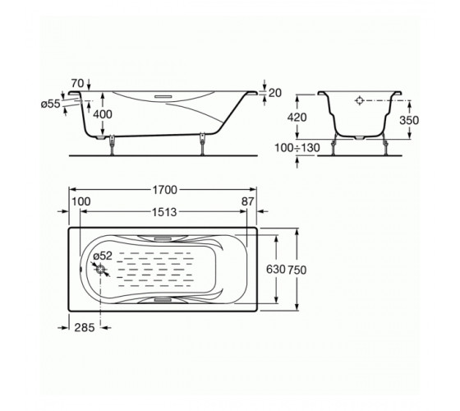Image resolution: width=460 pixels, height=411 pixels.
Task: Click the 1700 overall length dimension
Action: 164,190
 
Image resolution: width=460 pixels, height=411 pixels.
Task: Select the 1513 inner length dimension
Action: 164,212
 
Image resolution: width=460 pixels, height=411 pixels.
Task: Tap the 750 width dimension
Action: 297,270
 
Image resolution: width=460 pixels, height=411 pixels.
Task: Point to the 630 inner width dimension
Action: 275,270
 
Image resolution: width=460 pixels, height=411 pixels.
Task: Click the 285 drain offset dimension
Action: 85,328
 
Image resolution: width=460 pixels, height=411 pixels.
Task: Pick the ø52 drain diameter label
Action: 103,256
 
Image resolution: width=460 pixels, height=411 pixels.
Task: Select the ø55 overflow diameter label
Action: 50,104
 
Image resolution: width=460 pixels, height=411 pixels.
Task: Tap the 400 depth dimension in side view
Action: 103,114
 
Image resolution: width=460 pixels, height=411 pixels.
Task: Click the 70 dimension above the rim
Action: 77,83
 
